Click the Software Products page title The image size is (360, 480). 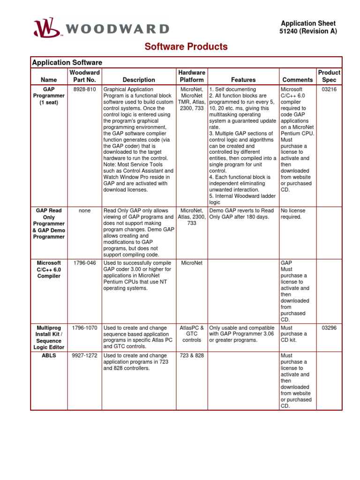pyautogui.click(x=186, y=47)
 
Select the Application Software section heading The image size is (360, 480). pyautogui.click(x=67, y=62)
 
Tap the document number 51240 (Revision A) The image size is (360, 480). pyautogui.click(x=308, y=31)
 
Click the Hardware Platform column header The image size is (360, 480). pyautogui.click(x=191, y=76)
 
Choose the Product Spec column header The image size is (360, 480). pyautogui.click(x=329, y=76)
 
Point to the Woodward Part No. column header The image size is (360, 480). pyautogui.click(x=84, y=76)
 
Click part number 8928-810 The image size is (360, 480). pyautogui.click(x=85, y=89)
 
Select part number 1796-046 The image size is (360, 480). pyautogui.click(x=85, y=263)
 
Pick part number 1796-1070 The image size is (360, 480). pyautogui.click(x=85, y=328)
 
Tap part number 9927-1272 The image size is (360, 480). pyautogui.click(x=85, y=356)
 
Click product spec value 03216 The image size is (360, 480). pyautogui.click(x=329, y=89)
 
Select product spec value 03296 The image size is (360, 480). pyautogui.click(x=329, y=328)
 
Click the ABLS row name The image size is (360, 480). pyautogui.click(x=49, y=356)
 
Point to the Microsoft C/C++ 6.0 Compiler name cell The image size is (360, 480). pyautogui.click(x=49, y=270)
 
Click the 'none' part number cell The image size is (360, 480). pyautogui.click(x=85, y=211)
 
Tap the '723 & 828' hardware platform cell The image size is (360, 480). pyautogui.click(x=192, y=356)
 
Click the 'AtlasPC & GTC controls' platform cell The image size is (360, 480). pyautogui.click(x=192, y=334)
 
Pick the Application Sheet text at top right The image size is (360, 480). pyautogui.click(x=308, y=23)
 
